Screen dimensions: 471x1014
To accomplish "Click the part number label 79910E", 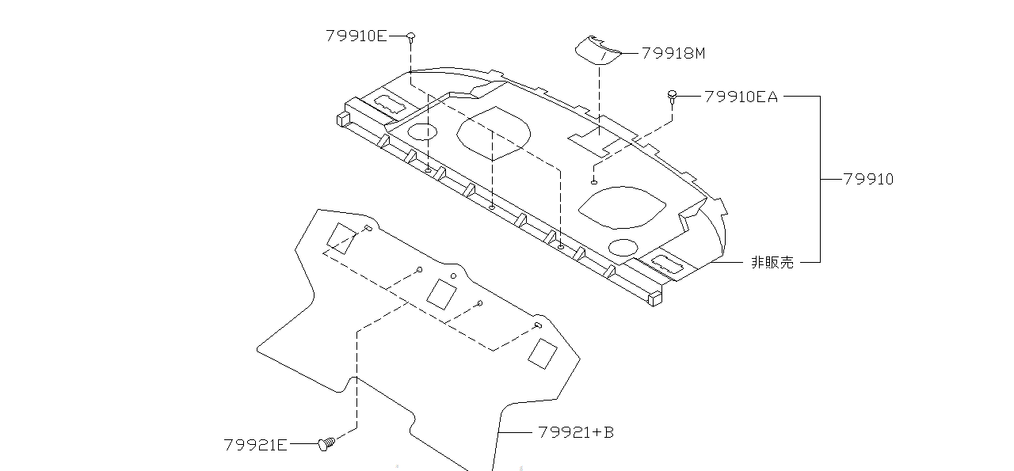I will [356, 36].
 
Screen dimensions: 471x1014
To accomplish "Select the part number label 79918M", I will [673, 53].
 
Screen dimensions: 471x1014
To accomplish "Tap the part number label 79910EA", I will [741, 97].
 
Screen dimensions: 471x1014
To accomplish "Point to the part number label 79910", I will [867, 179].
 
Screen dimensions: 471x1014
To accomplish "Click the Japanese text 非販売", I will [772, 262].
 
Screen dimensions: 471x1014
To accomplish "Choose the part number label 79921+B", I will [575, 432].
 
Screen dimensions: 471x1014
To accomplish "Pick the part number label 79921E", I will [255, 445].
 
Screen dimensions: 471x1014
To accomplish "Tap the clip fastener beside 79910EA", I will [673, 96].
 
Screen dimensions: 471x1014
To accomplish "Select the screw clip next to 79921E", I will [326, 444].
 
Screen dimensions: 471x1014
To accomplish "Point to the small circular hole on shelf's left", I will [421, 131].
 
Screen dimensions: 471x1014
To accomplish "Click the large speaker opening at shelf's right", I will [623, 207].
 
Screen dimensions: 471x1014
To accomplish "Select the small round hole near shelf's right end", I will [623, 247].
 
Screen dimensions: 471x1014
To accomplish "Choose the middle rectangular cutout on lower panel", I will [440, 294].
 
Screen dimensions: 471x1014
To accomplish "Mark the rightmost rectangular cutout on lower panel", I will [543, 353].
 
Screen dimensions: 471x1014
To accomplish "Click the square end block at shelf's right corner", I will [654, 299].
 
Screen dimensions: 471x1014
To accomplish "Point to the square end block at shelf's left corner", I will [342, 119].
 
